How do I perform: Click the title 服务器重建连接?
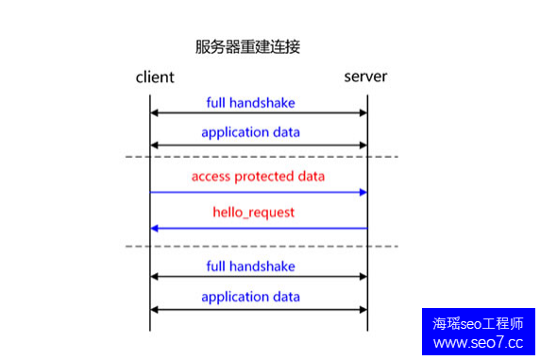tap(247, 46)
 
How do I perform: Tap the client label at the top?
tap(155, 77)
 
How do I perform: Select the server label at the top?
tap(363, 77)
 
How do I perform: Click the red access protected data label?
tap(258, 177)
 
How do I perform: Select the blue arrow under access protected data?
tap(258, 192)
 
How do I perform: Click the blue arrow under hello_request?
tap(258, 228)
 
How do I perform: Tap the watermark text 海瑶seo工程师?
tap(478, 322)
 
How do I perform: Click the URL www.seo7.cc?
tap(478, 342)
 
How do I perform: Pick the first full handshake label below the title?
tap(250, 100)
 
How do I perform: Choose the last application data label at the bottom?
tap(250, 297)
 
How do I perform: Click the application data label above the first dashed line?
tap(250, 132)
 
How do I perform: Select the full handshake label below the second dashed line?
tap(250, 266)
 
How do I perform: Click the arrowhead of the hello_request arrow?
tap(155, 228)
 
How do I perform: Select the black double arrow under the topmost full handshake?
tap(258, 113)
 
